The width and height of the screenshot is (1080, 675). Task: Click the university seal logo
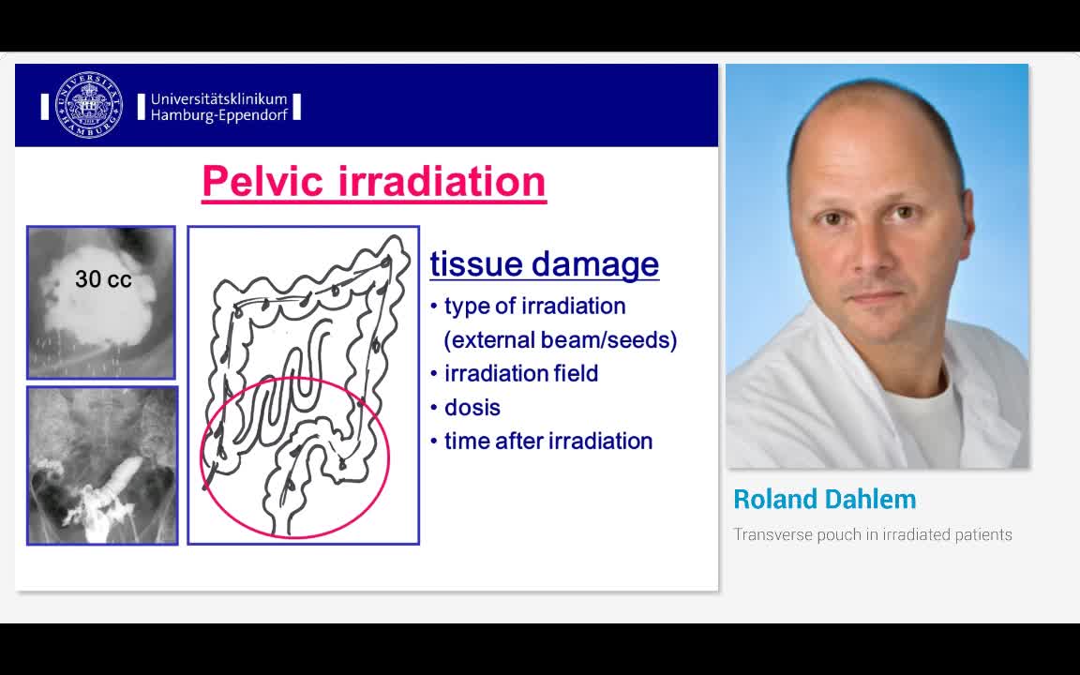tap(89, 105)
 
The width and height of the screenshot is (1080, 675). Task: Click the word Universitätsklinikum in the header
tap(218, 98)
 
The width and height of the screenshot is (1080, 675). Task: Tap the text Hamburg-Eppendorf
tap(218, 115)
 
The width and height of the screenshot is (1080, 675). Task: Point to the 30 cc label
tap(103, 279)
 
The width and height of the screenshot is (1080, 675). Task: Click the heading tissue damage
tap(544, 263)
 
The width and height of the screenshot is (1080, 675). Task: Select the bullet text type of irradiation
tap(534, 306)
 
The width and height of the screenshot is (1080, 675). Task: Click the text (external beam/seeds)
tap(560, 339)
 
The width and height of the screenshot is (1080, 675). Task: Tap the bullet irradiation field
tap(520, 373)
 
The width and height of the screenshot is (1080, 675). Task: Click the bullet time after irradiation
tap(547, 441)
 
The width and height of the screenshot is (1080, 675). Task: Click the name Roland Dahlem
tap(824, 499)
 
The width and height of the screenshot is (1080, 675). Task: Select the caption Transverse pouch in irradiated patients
tap(872, 534)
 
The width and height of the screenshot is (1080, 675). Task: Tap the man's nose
tap(864, 258)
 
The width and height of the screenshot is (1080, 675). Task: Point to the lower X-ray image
tap(102, 466)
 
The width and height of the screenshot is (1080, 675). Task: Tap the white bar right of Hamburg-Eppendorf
tap(296, 107)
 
